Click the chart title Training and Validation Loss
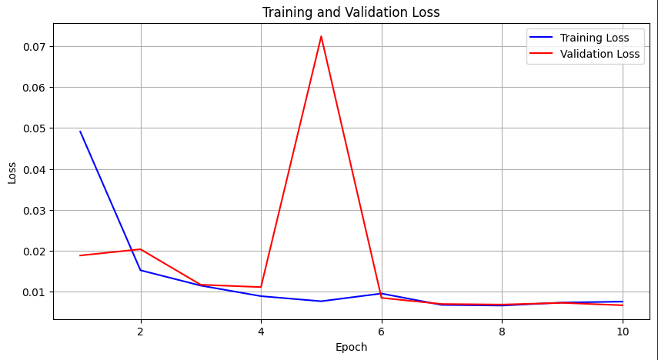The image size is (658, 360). click(x=351, y=12)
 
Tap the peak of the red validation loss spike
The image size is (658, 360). click(x=321, y=37)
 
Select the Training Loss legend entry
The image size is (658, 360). click(x=594, y=38)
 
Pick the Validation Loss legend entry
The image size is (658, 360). click(x=600, y=55)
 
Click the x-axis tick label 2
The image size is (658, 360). click(x=140, y=332)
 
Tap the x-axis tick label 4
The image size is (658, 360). click(x=261, y=332)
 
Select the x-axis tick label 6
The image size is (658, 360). click(x=381, y=332)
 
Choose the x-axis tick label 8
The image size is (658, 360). click(x=502, y=332)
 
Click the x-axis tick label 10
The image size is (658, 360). click(x=623, y=332)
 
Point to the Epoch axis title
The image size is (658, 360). click(x=351, y=347)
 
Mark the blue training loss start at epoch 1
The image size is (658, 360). click(x=80, y=132)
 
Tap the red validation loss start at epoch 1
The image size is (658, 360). click(x=80, y=255)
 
